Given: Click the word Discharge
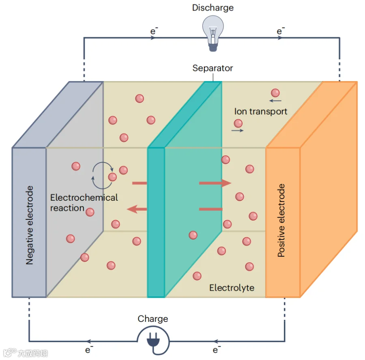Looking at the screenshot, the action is point(213,8).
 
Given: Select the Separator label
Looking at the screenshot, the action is point(213,68).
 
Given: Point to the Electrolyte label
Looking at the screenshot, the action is point(232,288).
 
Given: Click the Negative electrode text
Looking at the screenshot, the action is point(30,225).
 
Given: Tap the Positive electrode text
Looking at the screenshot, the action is point(281,221).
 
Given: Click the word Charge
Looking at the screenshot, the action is point(153,319).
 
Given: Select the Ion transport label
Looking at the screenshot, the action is point(261,111).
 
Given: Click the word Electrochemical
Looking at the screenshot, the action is point(84,197).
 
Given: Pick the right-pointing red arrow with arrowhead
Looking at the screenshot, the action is point(215,183).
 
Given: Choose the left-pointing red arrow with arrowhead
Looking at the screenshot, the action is point(137,209).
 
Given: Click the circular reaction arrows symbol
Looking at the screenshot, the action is point(103,175).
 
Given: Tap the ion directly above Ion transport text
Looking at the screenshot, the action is point(275,93).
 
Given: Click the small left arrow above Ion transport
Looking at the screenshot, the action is point(275,101).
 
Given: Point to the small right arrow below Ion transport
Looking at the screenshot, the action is point(237,131).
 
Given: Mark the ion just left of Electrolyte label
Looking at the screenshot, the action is point(197,276).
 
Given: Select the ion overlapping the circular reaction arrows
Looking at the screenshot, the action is point(112,177).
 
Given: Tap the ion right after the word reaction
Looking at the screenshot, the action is point(90,212).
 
